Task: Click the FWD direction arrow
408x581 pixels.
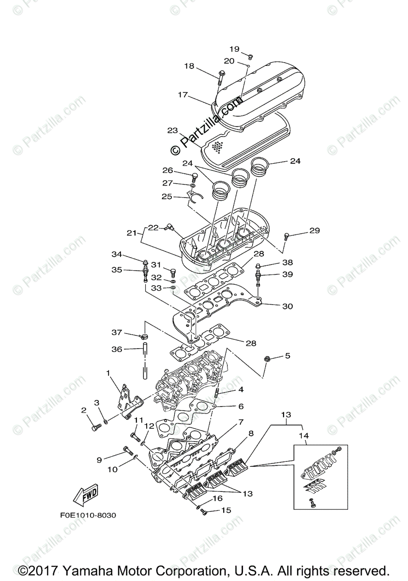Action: pyautogui.click(x=85, y=494)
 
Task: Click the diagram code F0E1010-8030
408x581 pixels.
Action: pyautogui.click(x=88, y=515)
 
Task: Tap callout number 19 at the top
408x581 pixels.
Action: pyautogui.click(x=234, y=49)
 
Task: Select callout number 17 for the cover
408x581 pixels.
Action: pyautogui.click(x=182, y=95)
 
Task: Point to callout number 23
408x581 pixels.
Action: pyautogui.click(x=173, y=131)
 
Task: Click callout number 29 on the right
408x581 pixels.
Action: pyautogui.click(x=315, y=231)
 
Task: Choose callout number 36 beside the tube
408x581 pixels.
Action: pyautogui.click(x=117, y=349)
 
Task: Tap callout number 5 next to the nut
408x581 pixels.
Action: pyautogui.click(x=287, y=356)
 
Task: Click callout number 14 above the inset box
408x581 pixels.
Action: pyautogui.click(x=303, y=435)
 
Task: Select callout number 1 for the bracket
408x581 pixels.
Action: pyautogui.click(x=108, y=373)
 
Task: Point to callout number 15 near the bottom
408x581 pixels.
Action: pyautogui.click(x=227, y=510)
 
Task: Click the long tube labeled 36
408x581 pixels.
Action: pyautogui.click(x=144, y=361)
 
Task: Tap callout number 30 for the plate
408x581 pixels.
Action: pyautogui.click(x=287, y=306)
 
